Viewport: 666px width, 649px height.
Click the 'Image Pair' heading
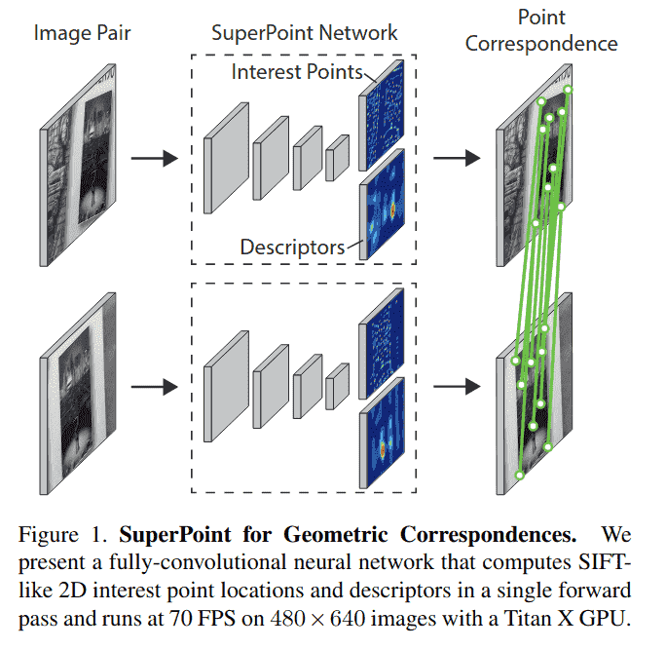(x=83, y=32)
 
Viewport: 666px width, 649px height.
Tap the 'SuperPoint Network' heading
(x=305, y=32)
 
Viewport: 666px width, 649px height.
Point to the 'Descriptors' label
(x=292, y=248)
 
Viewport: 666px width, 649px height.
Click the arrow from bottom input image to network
(x=153, y=387)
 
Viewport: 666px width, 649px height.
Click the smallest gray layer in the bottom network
(x=337, y=387)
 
